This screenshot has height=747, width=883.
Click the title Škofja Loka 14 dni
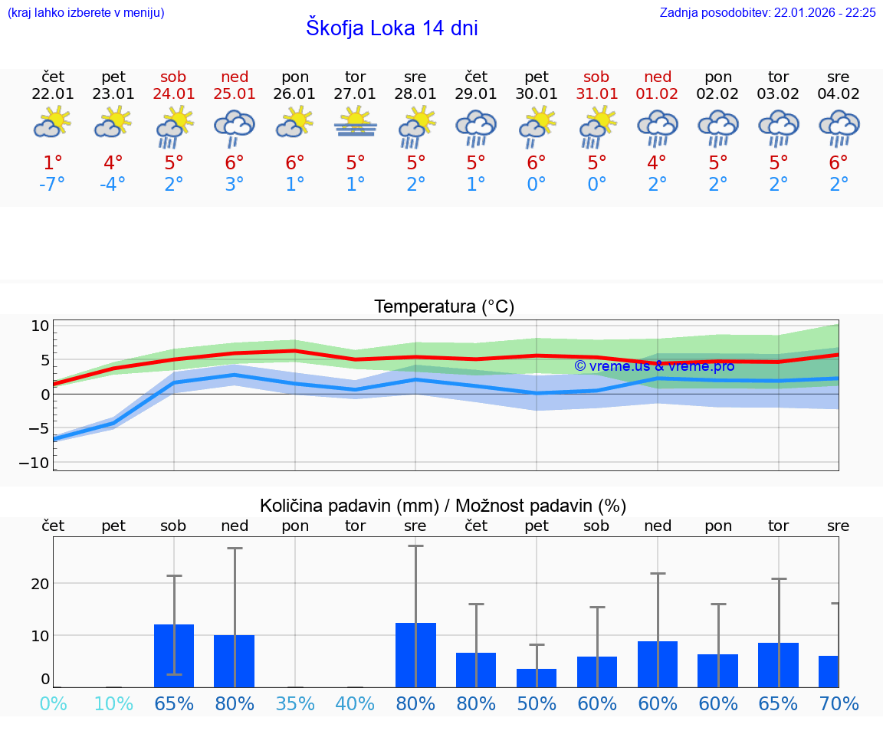tap(392, 28)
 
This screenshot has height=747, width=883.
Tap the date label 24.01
tap(174, 94)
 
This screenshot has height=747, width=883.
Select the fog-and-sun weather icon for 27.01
tap(355, 124)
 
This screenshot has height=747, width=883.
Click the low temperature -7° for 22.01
tap(53, 185)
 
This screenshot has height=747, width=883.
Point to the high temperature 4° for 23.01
tap(113, 163)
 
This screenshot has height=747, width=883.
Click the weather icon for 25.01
tap(235, 127)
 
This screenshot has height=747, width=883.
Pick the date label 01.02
tap(657, 94)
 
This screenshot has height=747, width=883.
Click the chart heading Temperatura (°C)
tap(444, 307)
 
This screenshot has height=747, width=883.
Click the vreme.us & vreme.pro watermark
tap(654, 366)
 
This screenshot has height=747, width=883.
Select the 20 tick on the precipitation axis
tap(40, 583)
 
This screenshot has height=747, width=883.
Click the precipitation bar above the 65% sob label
tap(174, 656)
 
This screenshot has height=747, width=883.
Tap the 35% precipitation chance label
tap(295, 703)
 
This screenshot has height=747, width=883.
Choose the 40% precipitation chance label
tap(355, 703)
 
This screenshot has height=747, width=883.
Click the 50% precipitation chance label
tap(537, 703)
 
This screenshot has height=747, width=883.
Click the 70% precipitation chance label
tap(839, 703)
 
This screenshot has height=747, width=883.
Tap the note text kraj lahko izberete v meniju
tap(86, 12)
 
